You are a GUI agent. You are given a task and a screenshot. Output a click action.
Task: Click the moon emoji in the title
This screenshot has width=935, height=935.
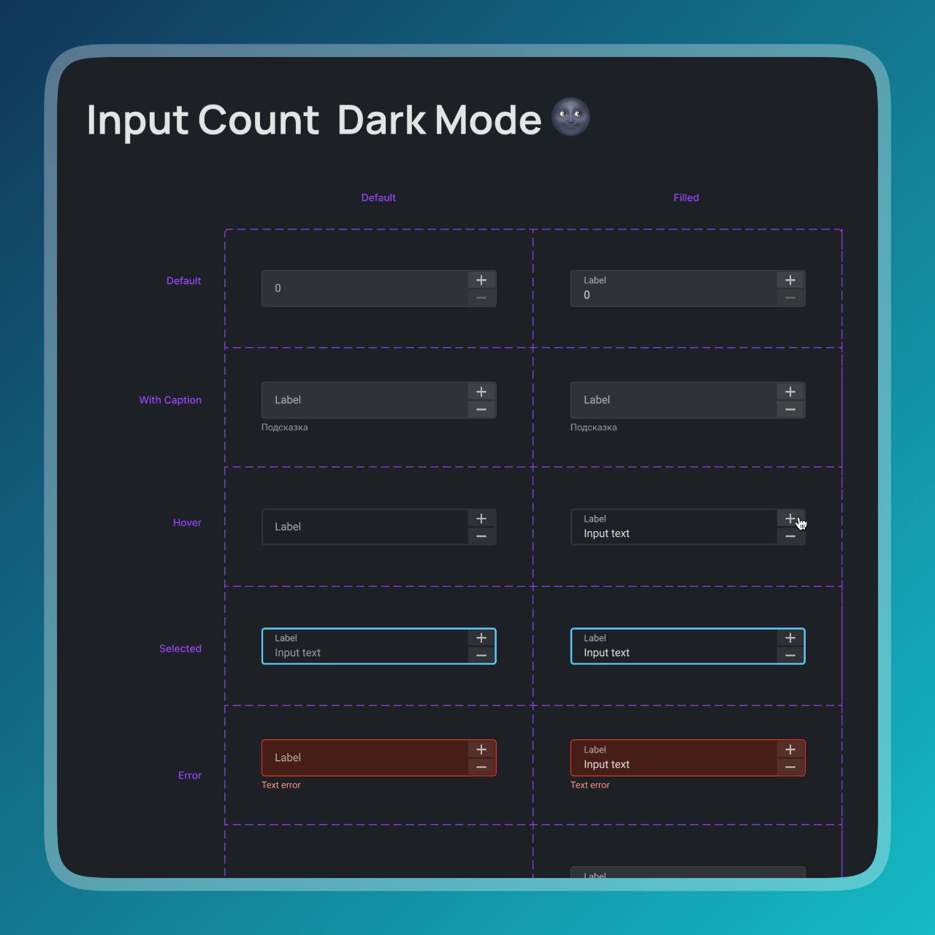coord(570,117)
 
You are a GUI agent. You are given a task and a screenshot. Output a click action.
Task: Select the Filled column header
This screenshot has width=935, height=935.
coord(686,197)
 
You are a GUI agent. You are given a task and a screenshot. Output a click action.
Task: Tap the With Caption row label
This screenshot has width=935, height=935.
coord(170,400)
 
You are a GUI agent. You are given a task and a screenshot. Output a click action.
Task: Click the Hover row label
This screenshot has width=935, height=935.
coord(187,522)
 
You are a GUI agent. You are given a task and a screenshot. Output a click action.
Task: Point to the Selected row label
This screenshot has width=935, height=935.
coord(180,648)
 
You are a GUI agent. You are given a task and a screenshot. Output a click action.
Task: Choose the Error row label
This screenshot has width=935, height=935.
coord(190,775)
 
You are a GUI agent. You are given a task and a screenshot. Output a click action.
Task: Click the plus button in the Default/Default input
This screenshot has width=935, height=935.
coord(481,280)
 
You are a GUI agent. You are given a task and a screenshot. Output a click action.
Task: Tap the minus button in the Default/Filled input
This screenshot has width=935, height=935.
coord(790,298)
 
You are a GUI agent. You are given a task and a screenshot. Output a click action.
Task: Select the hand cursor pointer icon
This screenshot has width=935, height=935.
coord(801,524)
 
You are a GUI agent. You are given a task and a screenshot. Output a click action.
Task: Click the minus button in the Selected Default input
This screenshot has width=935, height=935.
coord(481,655)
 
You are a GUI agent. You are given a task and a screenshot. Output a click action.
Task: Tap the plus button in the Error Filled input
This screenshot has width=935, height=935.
coord(790,749)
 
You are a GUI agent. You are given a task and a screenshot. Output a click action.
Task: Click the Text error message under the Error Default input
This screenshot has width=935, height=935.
coord(281,785)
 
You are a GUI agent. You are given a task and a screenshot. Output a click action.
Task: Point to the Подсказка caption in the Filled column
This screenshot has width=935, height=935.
coord(593,427)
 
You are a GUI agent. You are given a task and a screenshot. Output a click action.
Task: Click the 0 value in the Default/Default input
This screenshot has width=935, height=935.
coord(278,289)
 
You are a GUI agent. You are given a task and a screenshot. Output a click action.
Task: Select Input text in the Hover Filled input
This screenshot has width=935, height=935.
coord(606,534)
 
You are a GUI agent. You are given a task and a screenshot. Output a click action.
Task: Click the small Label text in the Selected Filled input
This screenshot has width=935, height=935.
coord(595,638)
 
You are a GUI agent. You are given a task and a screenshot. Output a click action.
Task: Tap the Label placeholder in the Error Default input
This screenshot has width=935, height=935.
coord(288,757)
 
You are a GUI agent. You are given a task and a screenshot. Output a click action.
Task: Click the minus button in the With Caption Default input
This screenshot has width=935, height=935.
coord(481,410)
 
